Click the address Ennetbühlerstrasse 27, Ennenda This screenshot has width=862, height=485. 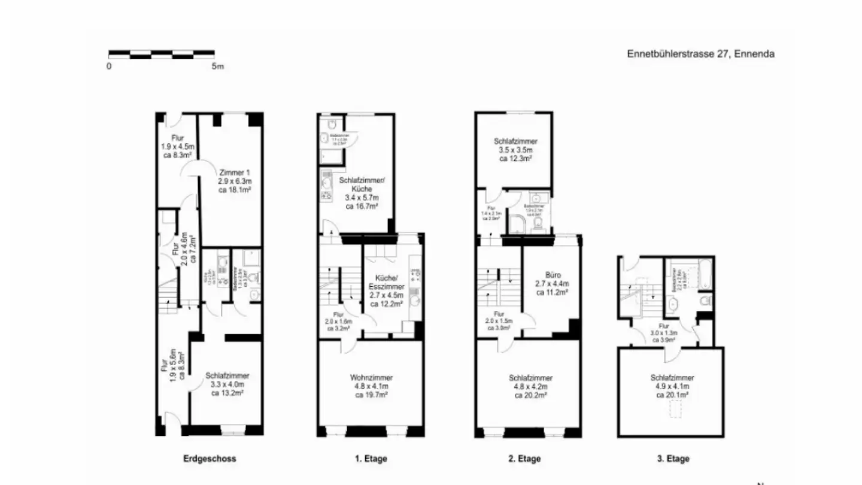tap(700, 54)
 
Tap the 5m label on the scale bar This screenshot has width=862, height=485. tap(217, 66)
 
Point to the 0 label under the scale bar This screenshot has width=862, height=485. tap(109, 66)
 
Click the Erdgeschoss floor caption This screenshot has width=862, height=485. tap(210, 459)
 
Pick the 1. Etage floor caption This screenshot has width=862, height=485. tap(371, 459)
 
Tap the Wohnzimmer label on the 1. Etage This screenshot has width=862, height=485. tap(371, 378)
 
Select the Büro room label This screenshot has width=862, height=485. tap(551, 275)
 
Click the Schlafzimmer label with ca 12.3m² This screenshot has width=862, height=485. tap(511, 141)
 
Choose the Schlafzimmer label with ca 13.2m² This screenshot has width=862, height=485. tap(227, 375)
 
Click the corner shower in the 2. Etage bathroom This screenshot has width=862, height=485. tap(515, 223)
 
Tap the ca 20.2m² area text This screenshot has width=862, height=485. tap(530, 395)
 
